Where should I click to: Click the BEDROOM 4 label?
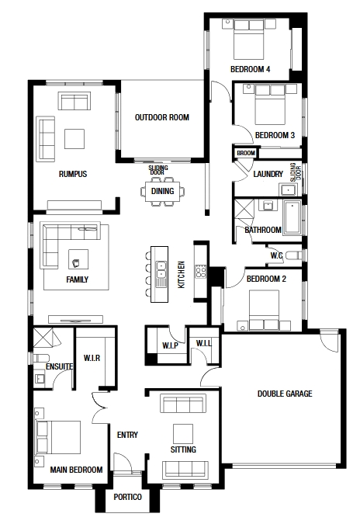(x=250, y=69)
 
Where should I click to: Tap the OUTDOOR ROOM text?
(x=162, y=117)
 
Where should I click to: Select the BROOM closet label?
(x=246, y=153)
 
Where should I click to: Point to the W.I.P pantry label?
(x=170, y=345)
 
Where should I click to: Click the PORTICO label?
(x=127, y=497)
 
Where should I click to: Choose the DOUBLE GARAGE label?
(x=285, y=394)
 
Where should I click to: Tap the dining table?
(x=162, y=192)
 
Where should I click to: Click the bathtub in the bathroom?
(x=292, y=217)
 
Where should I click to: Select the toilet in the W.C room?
(x=294, y=255)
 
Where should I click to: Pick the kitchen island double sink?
(x=161, y=269)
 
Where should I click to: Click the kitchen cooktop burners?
(x=201, y=271)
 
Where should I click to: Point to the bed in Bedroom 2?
(x=264, y=310)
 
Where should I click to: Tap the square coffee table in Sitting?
(x=183, y=434)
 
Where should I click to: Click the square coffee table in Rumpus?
(x=74, y=139)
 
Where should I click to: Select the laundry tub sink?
(x=287, y=190)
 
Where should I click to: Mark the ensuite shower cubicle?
(x=43, y=338)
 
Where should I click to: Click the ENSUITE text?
(x=60, y=366)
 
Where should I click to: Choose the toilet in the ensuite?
(x=41, y=358)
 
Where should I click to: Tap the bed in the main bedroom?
(x=58, y=438)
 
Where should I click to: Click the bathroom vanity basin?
(x=268, y=205)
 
